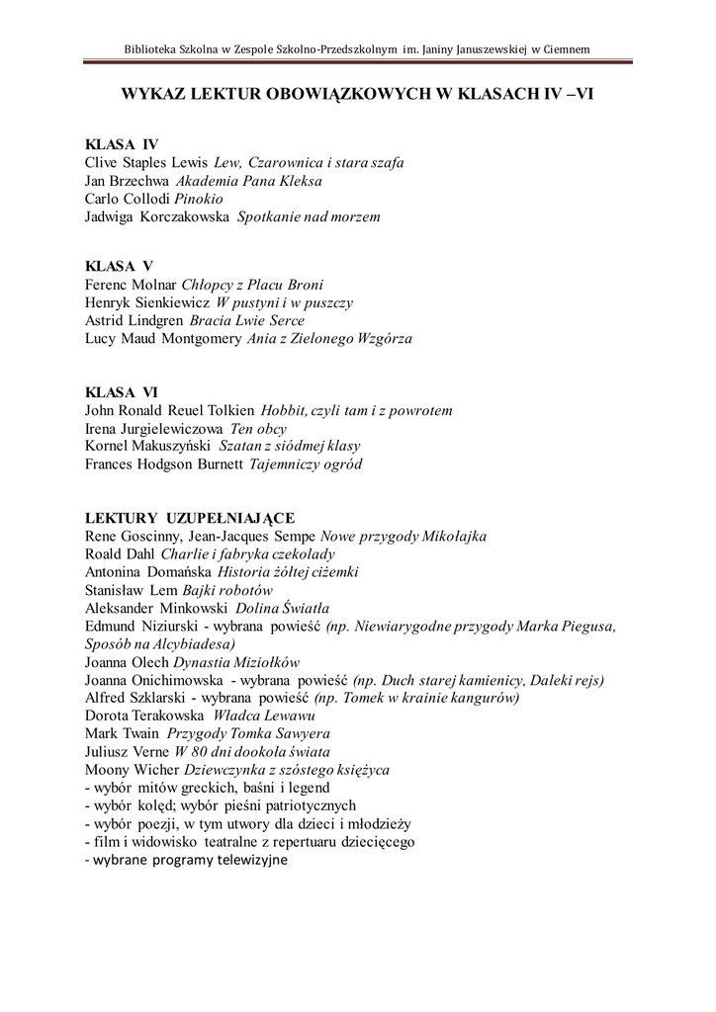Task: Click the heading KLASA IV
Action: pos(122,144)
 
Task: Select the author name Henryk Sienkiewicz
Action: pos(147,302)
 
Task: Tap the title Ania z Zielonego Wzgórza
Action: pos(329,338)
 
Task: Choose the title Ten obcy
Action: pos(258,428)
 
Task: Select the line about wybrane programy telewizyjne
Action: pos(186,860)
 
